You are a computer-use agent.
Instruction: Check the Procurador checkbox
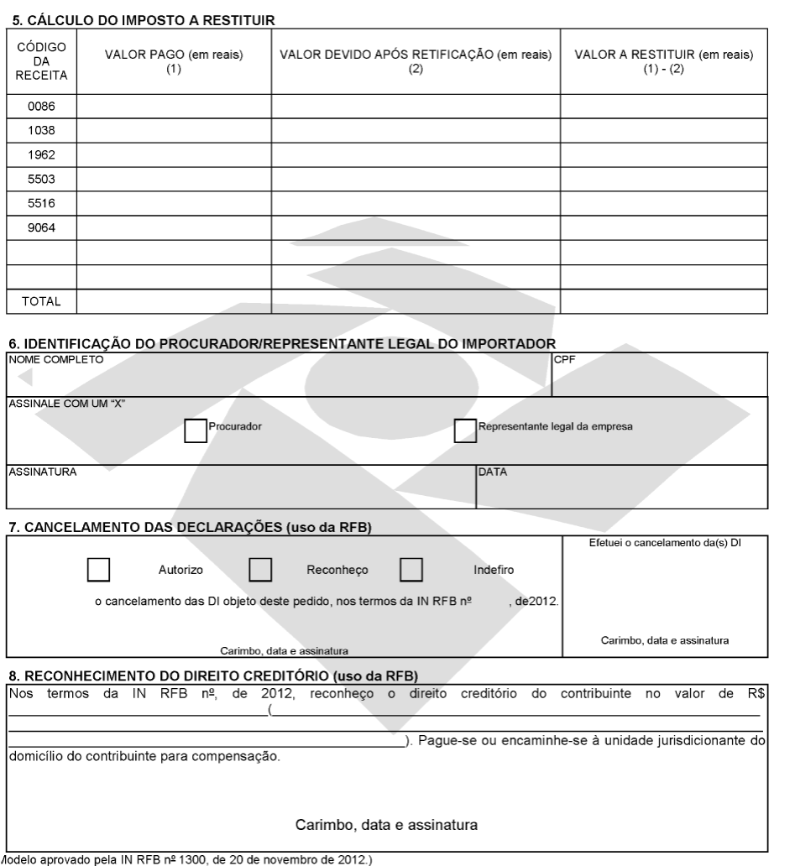195,430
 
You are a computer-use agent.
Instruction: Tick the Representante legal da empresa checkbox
464,430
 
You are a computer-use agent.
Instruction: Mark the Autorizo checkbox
99,570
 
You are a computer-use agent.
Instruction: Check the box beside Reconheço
261,570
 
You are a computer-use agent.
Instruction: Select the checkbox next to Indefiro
411,570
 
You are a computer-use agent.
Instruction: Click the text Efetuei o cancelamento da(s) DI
664,543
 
